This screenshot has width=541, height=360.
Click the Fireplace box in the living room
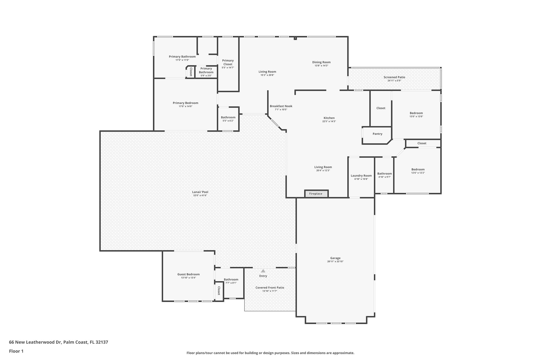316,194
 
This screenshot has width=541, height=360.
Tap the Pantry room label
377,134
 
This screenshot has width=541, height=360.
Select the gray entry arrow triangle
263,271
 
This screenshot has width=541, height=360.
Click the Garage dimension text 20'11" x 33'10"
335,261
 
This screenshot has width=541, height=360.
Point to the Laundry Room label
361,176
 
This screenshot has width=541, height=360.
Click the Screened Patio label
394,77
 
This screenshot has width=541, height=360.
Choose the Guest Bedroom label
188,274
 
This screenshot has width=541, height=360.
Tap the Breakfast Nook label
281,106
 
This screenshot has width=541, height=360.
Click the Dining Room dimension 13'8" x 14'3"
321,66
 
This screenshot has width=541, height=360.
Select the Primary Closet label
228,62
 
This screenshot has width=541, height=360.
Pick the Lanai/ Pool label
200,192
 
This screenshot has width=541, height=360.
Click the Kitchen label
329,118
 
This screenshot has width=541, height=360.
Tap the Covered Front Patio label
270,287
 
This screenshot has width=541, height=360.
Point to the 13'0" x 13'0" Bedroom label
416,113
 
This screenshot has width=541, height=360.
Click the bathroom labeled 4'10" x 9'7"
384,174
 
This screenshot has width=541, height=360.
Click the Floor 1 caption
16,351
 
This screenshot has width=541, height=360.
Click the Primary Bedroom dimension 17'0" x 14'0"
185,106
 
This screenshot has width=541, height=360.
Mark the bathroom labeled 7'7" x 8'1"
231,280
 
